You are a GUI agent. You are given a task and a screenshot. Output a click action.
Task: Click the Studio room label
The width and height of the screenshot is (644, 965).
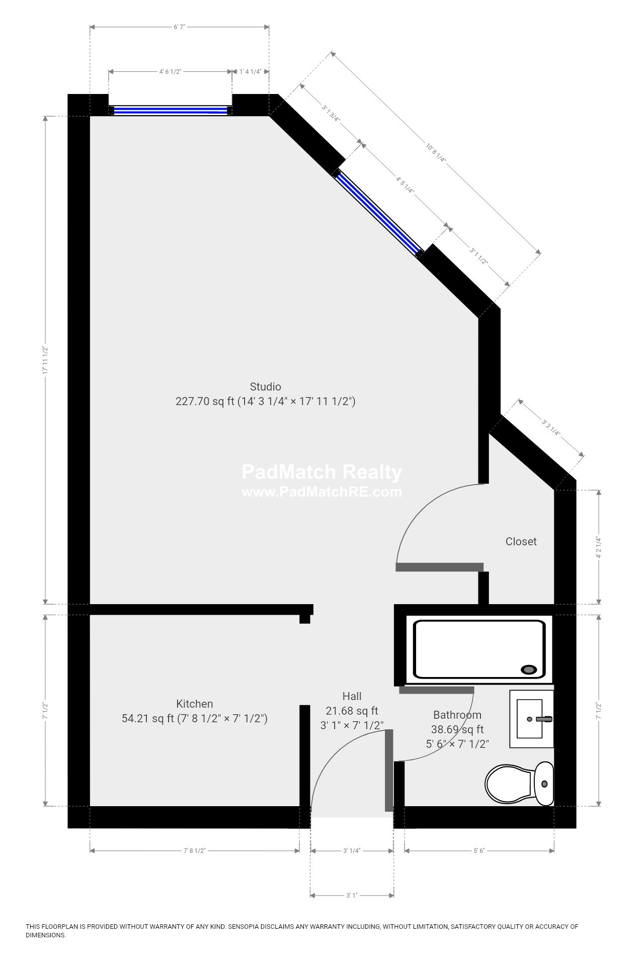pyautogui.click(x=266, y=387)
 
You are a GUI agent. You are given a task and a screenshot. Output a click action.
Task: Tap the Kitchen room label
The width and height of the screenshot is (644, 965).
pyautogui.click(x=194, y=704)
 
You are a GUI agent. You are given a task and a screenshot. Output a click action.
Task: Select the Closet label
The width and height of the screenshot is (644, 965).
pyautogui.click(x=521, y=541)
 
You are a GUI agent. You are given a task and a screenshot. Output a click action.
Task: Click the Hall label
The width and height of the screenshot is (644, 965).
pyautogui.click(x=352, y=696)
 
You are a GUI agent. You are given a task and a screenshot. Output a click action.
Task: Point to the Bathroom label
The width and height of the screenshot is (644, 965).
pyautogui.click(x=457, y=715)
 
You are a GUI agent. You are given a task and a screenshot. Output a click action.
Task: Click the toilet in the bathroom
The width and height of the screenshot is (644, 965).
pyautogui.click(x=519, y=784)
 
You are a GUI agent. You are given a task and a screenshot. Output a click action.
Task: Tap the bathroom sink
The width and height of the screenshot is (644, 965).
pyautogui.click(x=532, y=719)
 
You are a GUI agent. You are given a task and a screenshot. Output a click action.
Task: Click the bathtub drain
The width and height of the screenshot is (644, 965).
pyautogui.click(x=529, y=669)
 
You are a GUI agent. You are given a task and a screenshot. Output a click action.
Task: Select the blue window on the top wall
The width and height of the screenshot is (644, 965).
pyautogui.click(x=170, y=111)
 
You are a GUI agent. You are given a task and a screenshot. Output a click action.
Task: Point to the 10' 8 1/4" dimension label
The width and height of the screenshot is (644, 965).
pyautogui.click(x=436, y=153)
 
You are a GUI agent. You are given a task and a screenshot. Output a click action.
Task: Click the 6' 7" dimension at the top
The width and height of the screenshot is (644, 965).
pyautogui.click(x=179, y=27)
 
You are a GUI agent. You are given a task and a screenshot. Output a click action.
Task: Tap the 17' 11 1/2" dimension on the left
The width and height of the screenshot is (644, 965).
pyautogui.click(x=45, y=360)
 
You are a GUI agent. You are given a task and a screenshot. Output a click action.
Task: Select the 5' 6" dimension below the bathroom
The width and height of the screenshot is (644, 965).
pyautogui.click(x=479, y=850)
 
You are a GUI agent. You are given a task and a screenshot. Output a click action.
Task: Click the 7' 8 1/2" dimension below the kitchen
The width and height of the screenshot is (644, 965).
pyautogui.click(x=195, y=850)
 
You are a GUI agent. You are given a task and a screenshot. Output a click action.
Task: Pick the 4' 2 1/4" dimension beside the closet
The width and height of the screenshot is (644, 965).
pyautogui.click(x=598, y=547)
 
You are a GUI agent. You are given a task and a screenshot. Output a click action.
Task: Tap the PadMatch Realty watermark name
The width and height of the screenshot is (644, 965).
pyautogui.click(x=322, y=472)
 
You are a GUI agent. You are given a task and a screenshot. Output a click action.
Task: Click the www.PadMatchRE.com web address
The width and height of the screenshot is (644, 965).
pyautogui.click(x=322, y=492)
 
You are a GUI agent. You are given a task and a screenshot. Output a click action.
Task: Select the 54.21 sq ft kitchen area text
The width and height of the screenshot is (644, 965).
pyautogui.click(x=148, y=718)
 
